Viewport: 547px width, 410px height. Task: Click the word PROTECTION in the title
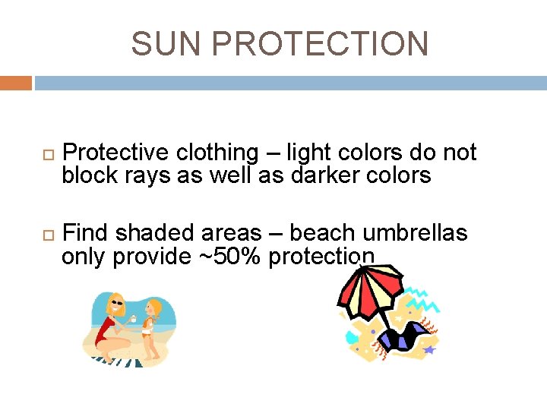(320, 44)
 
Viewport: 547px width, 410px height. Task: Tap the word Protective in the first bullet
(115, 153)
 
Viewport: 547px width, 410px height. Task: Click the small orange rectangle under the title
(16, 83)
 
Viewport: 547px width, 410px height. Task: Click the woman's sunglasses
(117, 302)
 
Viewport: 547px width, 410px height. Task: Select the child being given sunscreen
(153, 326)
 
